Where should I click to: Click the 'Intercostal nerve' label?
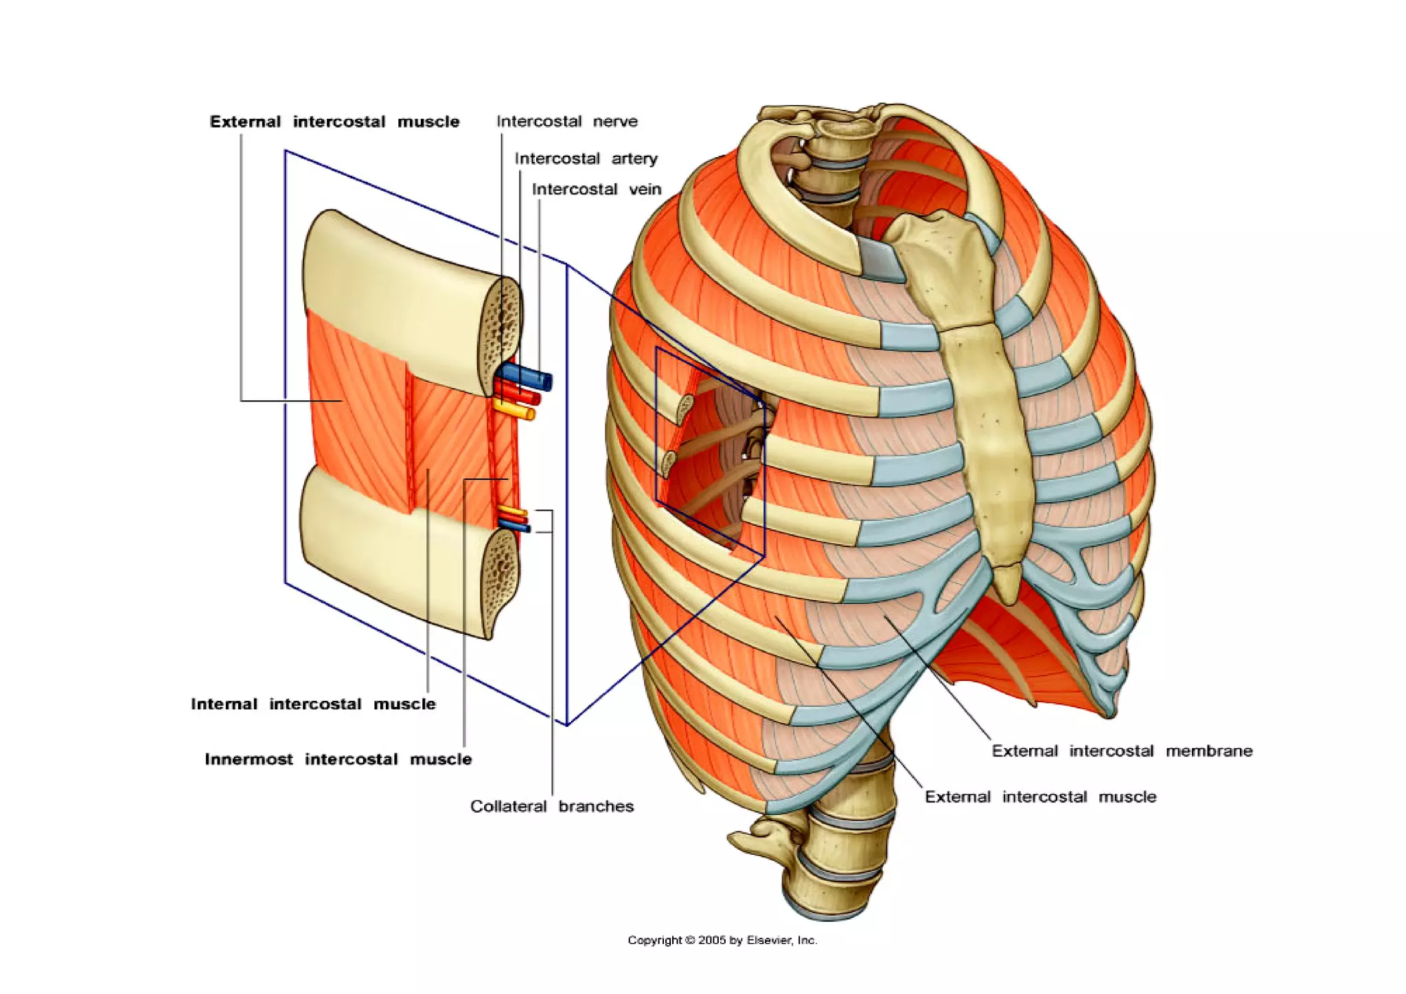pyautogui.click(x=567, y=122)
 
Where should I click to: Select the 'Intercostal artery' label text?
pyautogui.click(x=586, y=159)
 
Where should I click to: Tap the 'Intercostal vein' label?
pyautogui.click(x=596, y=189)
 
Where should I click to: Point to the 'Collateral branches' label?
pyautogui.click(x=551, y=806)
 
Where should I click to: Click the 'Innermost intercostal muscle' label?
pyautogui.click(x=338, y=759)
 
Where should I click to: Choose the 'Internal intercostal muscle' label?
pyautogui.click(x=313, y=704)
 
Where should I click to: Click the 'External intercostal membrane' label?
pyautogui.click(x=1122, y=751)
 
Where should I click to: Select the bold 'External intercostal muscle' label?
pyautogui.click(x=334, y=122)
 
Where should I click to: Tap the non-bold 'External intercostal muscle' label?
pyautogui.click(x=1040, y=797)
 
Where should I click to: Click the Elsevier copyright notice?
pyautogui.click(x=722, y=940)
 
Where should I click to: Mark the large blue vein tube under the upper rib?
pyautogui.click(x=529, y=377)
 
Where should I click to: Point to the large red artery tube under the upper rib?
pyautogui.click(x=520, y=395)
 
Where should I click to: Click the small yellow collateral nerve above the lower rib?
pyautogui.click(x=512, y=511)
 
